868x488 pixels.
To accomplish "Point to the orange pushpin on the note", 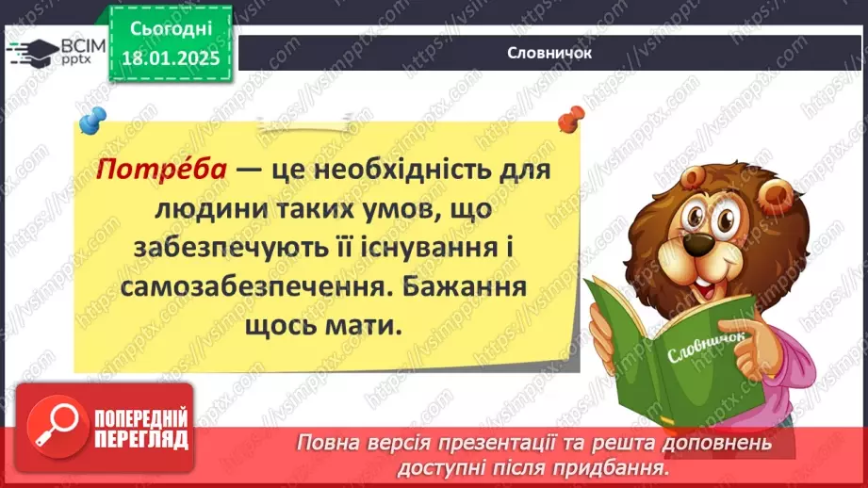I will click(569, 120).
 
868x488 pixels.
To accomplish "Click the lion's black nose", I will click(696, 244).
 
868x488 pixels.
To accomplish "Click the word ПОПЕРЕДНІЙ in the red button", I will click(141, 418).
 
